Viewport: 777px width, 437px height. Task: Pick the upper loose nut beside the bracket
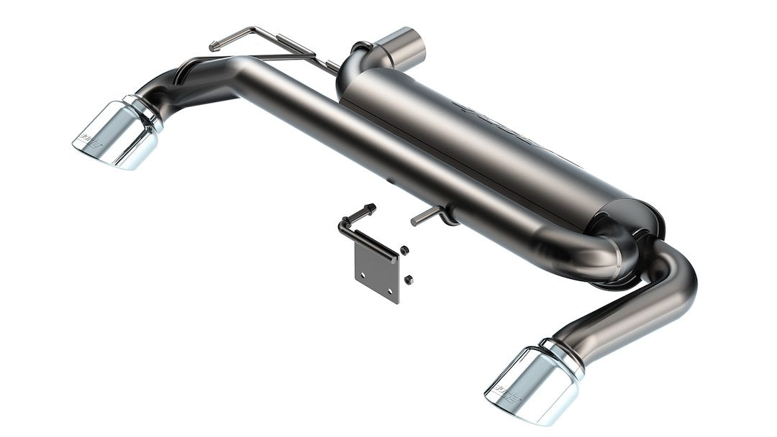coord(404,250)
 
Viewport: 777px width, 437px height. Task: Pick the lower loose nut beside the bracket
coord(408,278)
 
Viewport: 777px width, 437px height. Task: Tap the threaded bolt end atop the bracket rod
coord(370,208)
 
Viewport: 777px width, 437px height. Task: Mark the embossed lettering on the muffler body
coord(504,129)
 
